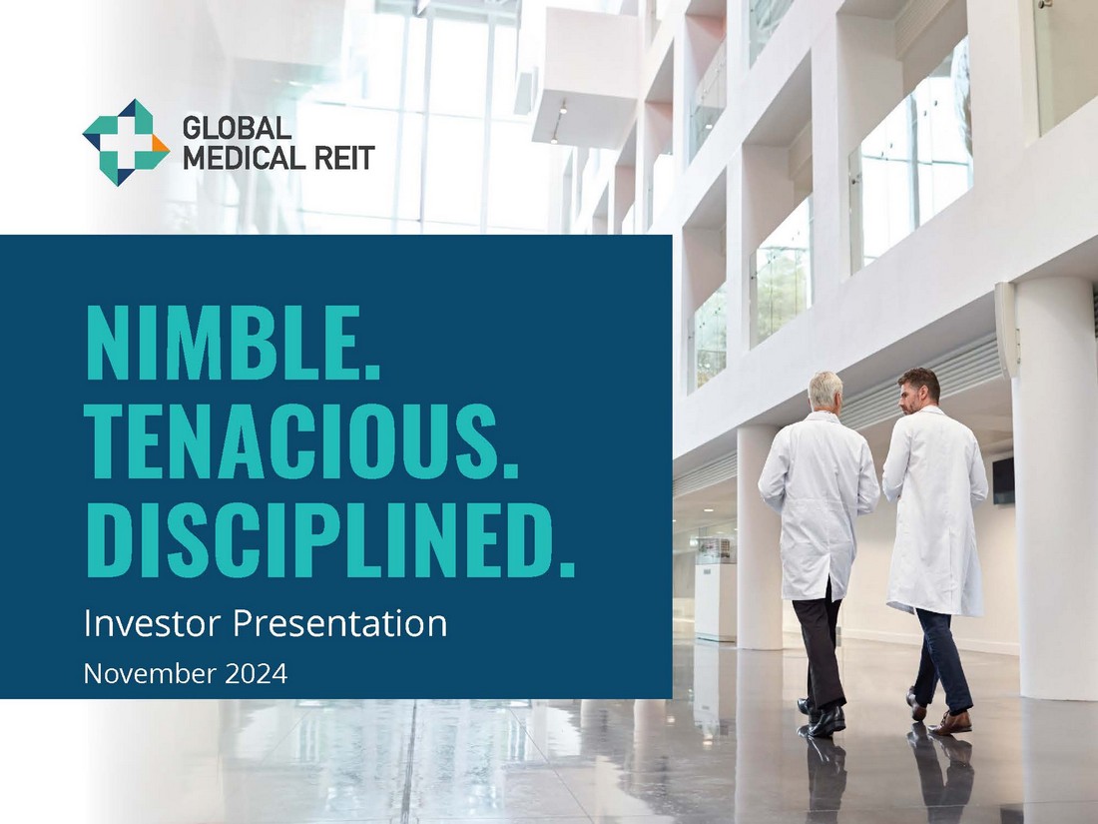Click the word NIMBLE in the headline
coord(226,344)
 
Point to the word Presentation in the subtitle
coord(339,623)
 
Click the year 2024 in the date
coord(257,674)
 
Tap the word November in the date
coord(150,674)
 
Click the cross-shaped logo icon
coord(126,142)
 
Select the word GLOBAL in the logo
coord(237,128)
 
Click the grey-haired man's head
coord(824,393)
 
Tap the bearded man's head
coord(918,391)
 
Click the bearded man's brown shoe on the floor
coord(951,723)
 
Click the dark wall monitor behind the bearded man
coord(1003,480)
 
